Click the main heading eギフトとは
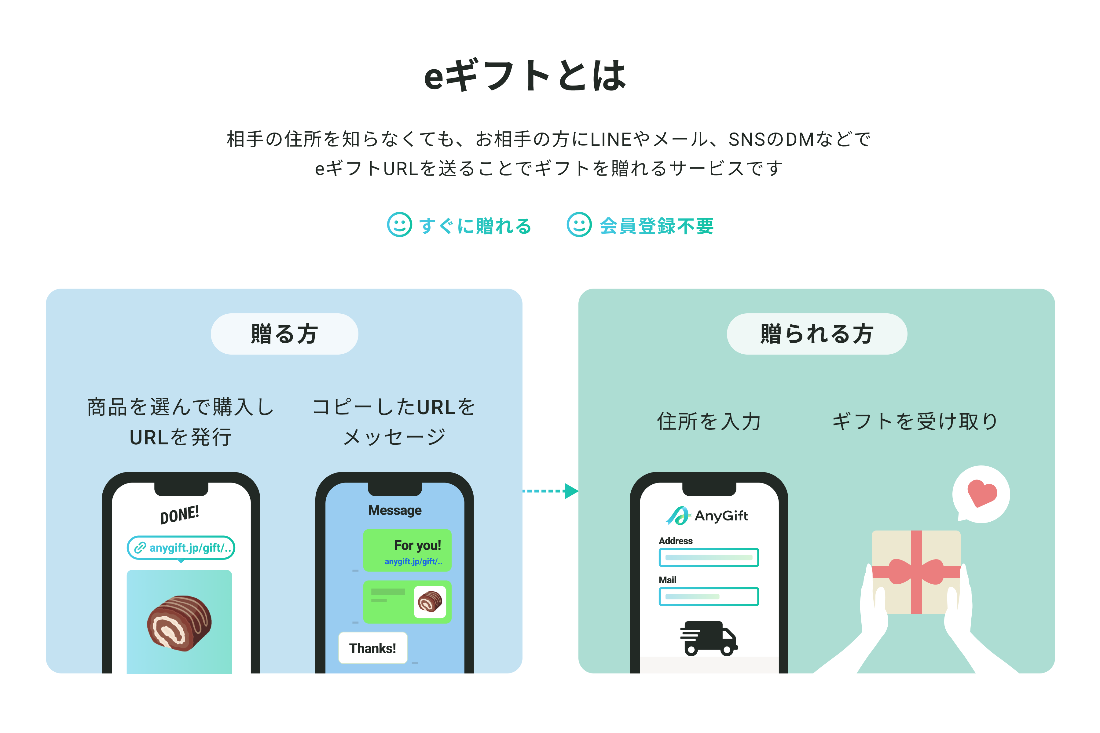click(524, 76)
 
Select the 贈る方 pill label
click(284, 334)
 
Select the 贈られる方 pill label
click(816, 334)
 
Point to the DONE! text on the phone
click(180, 514)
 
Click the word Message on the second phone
click(395, 510)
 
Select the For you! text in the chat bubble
click(417, 545)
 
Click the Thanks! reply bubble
click(373, 648)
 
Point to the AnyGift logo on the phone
click(707, 516)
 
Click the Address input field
click(709, 557)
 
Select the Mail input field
click(709, 596)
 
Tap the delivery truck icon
click(709, 638)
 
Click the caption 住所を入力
click(709, 421)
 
